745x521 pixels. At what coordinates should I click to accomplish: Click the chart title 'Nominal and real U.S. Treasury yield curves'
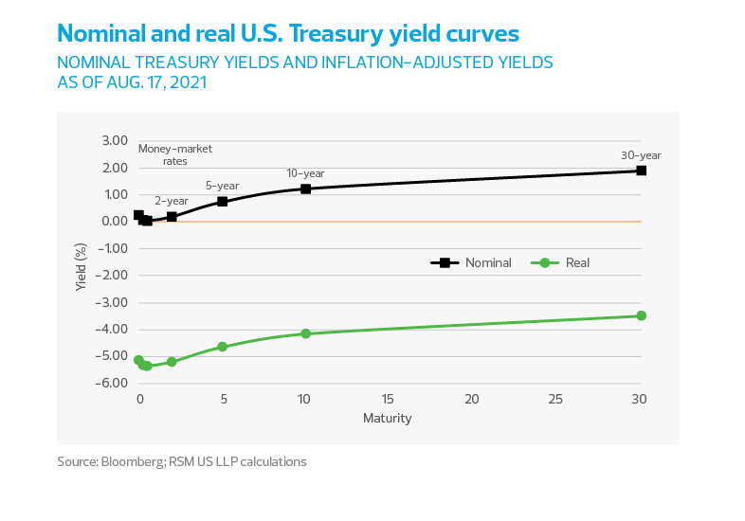pyautogui.click(x=288, y=34)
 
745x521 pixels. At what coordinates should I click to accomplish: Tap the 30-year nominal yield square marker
pyautogui.click(x=641, y=171)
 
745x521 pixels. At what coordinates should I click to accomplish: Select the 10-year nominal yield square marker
pyautogui.click(x=305, y=189)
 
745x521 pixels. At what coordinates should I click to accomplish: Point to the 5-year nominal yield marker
pyautogui.click(x=222, y=201)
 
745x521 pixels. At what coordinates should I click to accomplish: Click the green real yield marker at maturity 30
pyautogui.click(x=641, y=315)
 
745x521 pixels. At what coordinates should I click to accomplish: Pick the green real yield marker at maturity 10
pyautogui.click(x=305, y=333)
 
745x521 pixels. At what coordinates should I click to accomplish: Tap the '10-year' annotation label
pyautogui.click(x=305, y=173)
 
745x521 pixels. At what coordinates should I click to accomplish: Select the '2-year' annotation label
pyautogui.click(x=172, y=201)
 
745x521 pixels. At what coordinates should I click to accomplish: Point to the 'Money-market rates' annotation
pyautogui.click(x=174, y=154)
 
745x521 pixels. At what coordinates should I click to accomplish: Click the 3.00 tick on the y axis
pyautogui.click(x=114, y=140)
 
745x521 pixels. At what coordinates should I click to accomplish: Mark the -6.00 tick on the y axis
pyautogui.click(x=112, y=383)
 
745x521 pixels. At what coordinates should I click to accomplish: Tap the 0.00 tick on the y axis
pyautogui.click(x=114, y=222)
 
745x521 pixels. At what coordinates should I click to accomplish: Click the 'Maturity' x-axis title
pyautogui.click(x=388, y=418)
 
